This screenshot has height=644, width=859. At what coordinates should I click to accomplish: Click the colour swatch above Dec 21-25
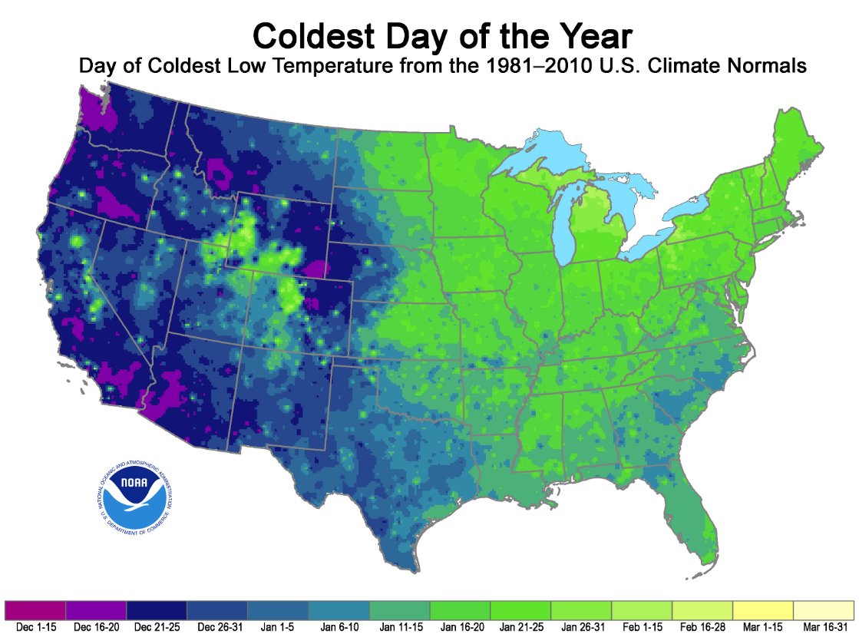coord(157,611)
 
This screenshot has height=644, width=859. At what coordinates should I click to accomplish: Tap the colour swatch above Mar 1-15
coord(763,611)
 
